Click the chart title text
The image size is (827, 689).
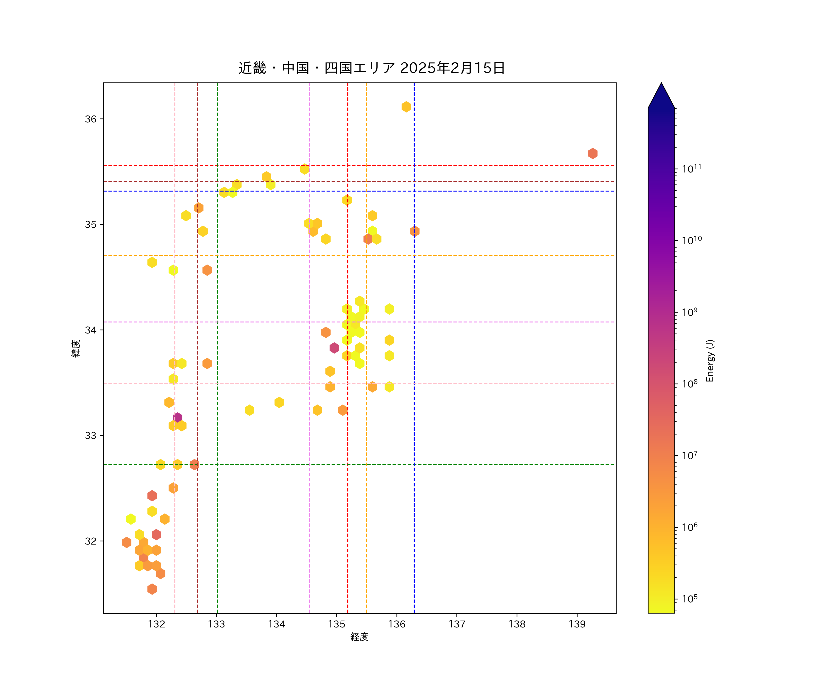(x=371, y=68)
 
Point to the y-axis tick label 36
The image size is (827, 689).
(x=91, y=119)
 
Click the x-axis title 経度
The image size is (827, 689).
(x=359, y=637)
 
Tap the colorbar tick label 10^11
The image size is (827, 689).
(x=691, y=169)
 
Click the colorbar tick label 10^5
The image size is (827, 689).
(x=690, y=599)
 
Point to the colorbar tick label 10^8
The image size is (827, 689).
(x=690, y=384)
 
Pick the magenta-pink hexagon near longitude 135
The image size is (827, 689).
(x=334, y=348)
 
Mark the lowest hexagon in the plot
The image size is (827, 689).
(x=152, y=589)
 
